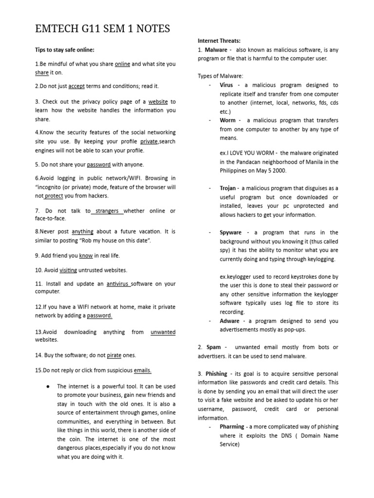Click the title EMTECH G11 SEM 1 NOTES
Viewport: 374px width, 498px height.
pyautogui.click(x=102, y=29)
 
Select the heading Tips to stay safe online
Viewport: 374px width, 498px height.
pyautogui.click(x=64, y=50)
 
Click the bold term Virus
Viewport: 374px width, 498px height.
pyautogui.click(x=226, y=85)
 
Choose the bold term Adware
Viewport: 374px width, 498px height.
pyautogui.click(x=229, y=321)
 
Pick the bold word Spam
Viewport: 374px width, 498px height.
pyautogui.click(x=213, y=347)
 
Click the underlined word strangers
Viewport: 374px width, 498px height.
pyautogui.click(x=108, y=211)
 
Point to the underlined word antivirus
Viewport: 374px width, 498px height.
pyautogui.click(x=119, y=284)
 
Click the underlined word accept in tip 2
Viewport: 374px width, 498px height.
pyautogui.click(x=76, y=86)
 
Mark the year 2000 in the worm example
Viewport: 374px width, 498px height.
pyautogui.click(x=280, y=171)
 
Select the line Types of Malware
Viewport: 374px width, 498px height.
pyautogui.click(x=220, y=76)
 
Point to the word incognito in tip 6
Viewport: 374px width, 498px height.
pyautogui.click(x=53, y=187)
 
